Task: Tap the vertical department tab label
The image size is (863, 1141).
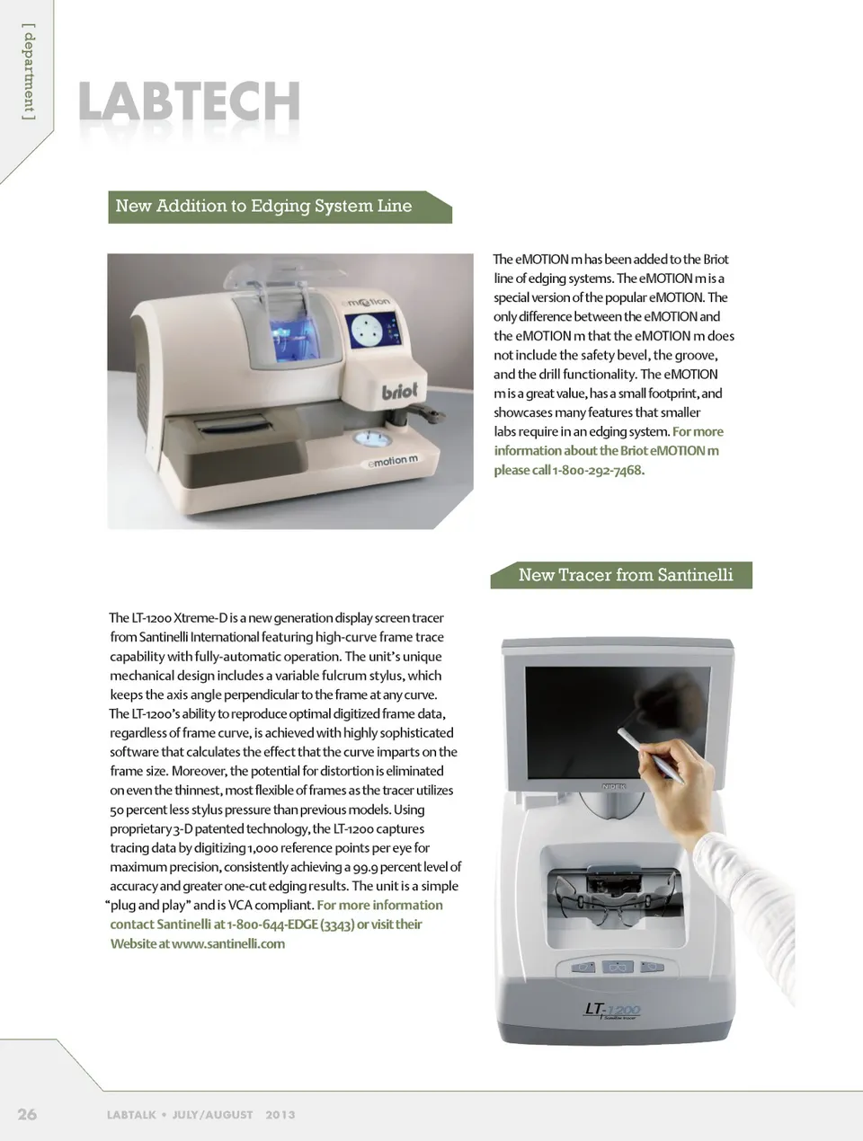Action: coord(29,72)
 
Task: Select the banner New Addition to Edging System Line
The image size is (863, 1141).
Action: coord(280,207)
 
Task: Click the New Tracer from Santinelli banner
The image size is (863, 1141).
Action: coord(621,575)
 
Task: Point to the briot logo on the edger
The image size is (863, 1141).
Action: coord(399,391)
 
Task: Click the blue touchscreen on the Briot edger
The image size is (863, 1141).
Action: coord(374,331)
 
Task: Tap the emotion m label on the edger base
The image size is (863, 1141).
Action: coord(393,461)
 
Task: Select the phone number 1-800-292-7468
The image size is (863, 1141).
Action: coord(598,471)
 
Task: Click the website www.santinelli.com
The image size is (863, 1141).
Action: coord(227,944)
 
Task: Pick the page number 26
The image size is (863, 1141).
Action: coord(27,1114)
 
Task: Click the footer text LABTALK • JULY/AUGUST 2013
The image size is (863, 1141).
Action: coord(200,1115)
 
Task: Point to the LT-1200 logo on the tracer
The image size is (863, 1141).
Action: coord(612,1011)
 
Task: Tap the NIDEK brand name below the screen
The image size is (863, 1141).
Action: coord(613,786)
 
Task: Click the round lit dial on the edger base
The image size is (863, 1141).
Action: coord(372,438)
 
